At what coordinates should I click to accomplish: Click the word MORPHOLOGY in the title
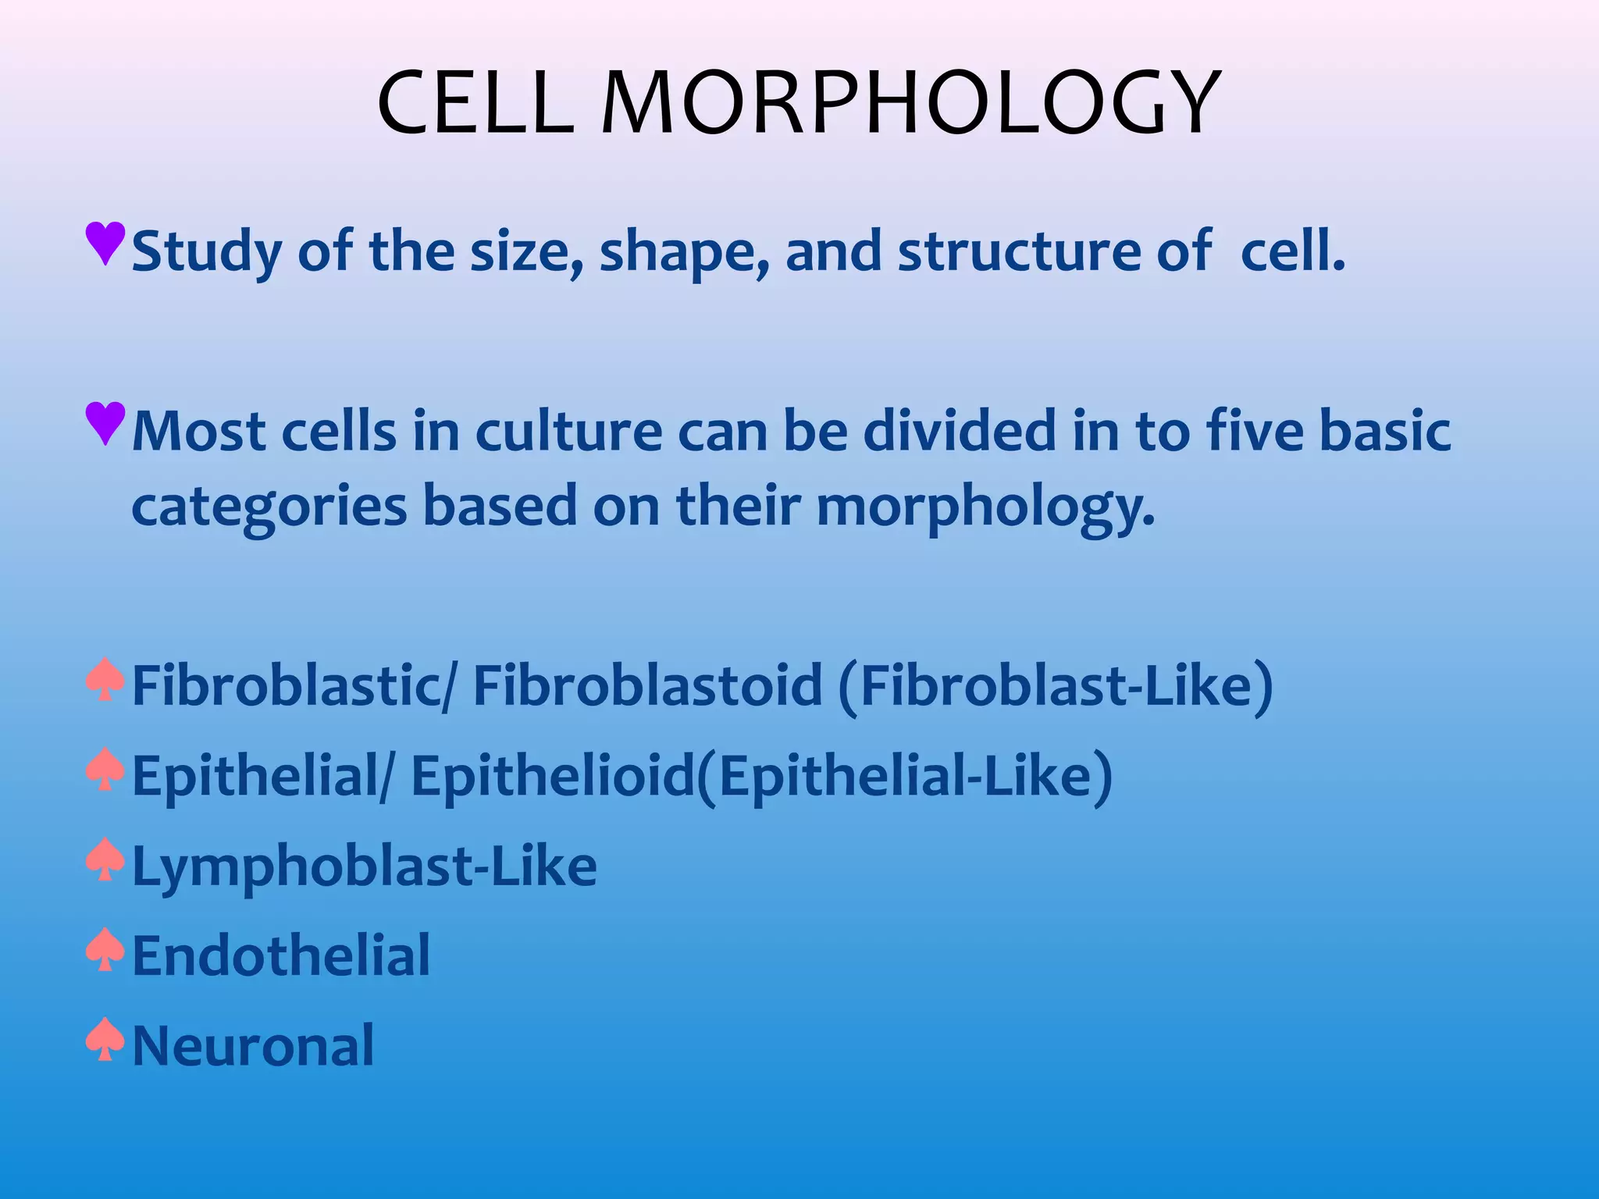tap(910, 104)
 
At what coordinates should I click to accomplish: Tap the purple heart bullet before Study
tap(105, 243)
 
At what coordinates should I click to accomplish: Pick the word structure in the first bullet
tap(1019, 252)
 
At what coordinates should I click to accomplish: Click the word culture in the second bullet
tap(568, 432)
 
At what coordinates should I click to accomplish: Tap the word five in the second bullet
tap(1255, 432)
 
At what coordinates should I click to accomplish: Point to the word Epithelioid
tap(553, 777)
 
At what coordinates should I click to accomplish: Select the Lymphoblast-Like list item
tap(365, 866)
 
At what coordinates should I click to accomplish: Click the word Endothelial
tap(281, 956)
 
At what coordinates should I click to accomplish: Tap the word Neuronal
tap(253, 1046)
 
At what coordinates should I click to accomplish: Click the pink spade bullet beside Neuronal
tap(105, 1040)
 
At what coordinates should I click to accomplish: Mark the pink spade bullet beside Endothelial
tap(105, 950)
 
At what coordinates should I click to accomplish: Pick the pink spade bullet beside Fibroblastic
tap(105, 680)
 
